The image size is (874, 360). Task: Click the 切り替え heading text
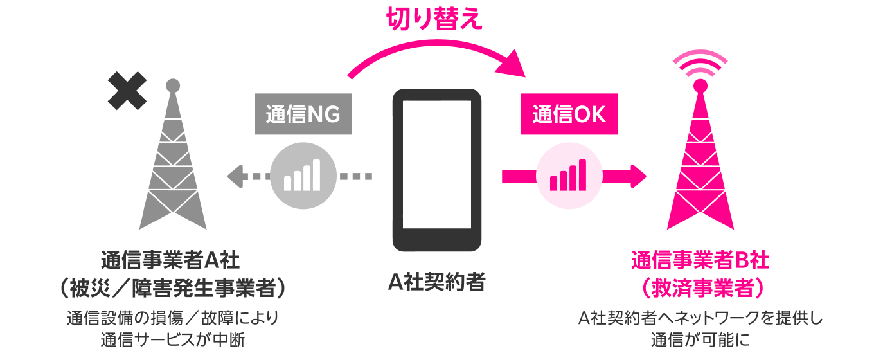coord(434,21)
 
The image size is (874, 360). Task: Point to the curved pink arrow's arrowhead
coord(513,65)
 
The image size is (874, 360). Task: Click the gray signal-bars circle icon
coord(303,175)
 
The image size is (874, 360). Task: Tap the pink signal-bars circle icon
coord(569,175)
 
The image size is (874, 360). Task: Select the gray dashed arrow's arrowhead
coord(235,175)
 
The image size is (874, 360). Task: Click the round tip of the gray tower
coord(172,85)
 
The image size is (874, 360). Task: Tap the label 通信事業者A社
coord(170,261)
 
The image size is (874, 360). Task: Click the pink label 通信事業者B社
coord(700,261)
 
